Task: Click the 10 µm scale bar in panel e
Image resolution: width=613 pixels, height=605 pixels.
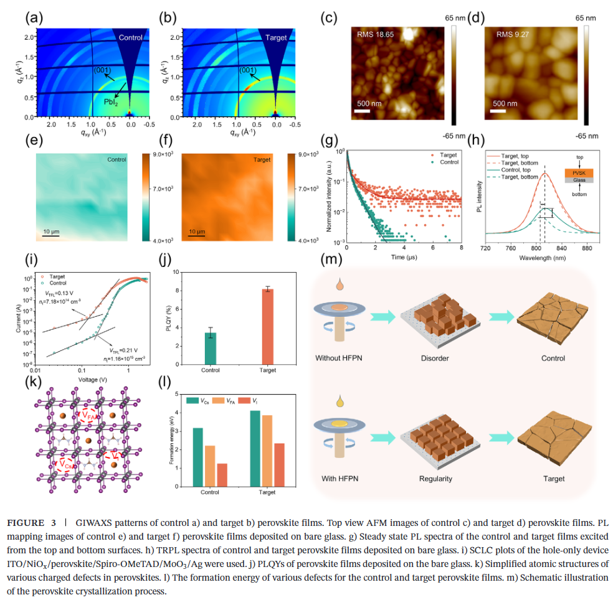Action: coord(51,236)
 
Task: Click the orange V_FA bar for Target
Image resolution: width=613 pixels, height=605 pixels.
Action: coord(267,450)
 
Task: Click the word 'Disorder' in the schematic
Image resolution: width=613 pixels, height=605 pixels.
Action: coord(434,359)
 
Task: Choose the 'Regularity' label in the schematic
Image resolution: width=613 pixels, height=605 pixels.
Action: coord(435,479)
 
